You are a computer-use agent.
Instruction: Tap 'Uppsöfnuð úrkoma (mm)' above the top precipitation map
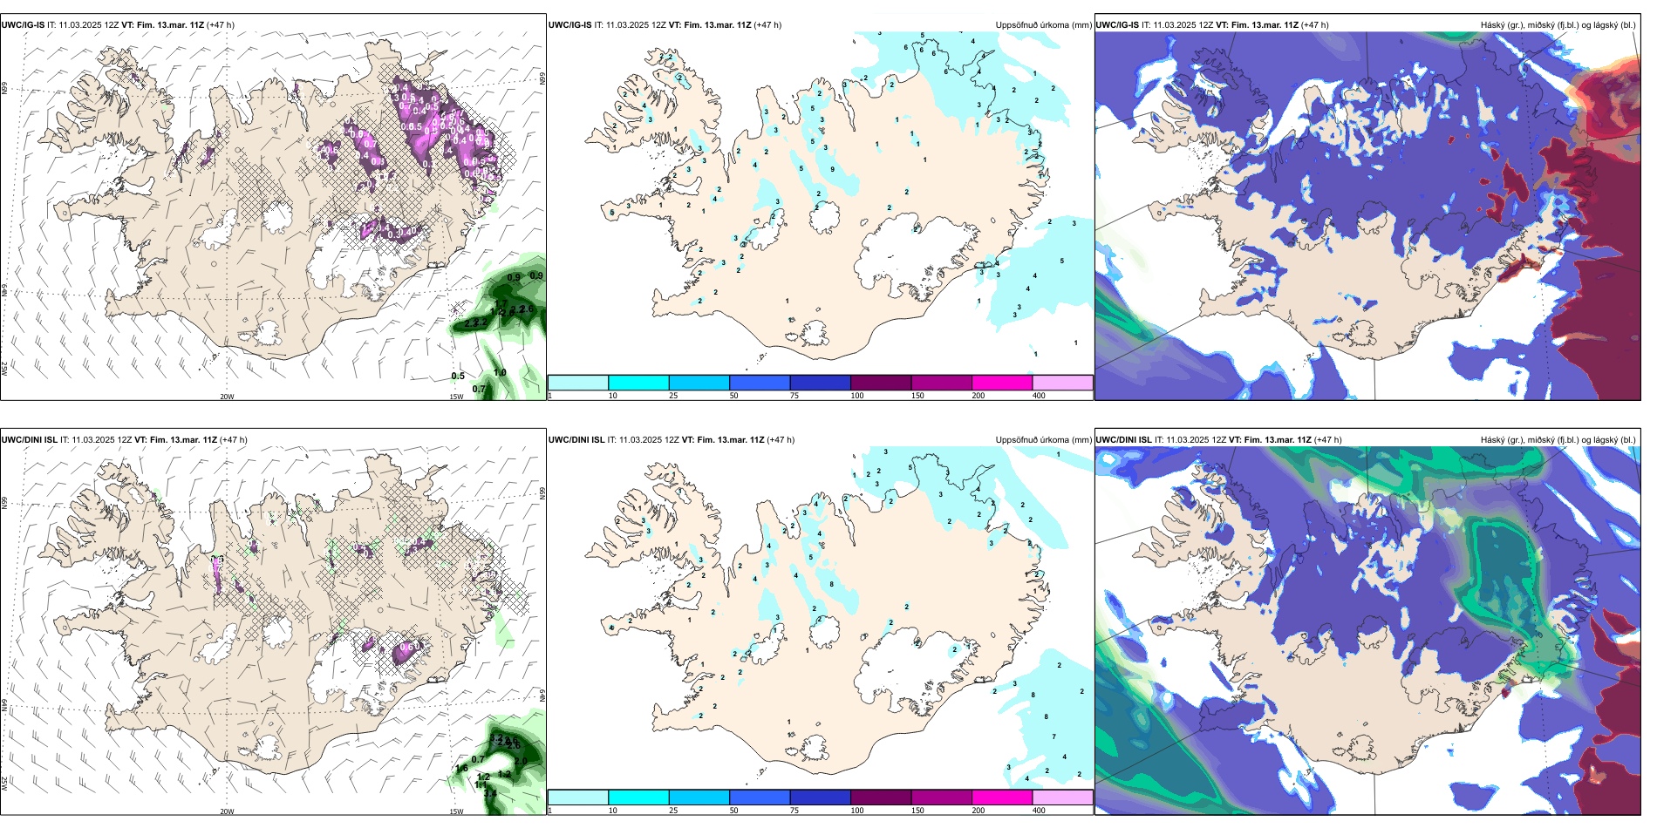pyautogui.click(x=1043, y=25)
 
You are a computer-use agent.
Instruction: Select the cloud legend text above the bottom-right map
pyautogui.click(x=1558, y=440)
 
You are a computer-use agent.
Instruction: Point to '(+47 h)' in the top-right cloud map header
pyautogui.click(x=1314, y=25)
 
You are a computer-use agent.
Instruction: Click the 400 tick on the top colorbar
pyautogui.click(x=1039, y=396)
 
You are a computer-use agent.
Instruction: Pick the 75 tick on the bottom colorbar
pyautogui.click(x=794, y=811)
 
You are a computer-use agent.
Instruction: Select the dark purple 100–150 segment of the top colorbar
pyautogui.click(x=881, y=383)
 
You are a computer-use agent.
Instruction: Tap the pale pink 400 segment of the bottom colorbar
pyautogui.click(x=1062, y=797)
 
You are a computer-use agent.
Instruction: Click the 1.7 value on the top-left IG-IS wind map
pyautogui.click(x=501, y=302)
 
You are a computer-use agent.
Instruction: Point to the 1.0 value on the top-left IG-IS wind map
pyautogui.click(x=500, y=372)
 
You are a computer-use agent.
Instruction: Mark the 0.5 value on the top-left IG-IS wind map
pyautogui.click(x=458, y=377)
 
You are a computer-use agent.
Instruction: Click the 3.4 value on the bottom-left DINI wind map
pyautogui.click(x=490, y=792)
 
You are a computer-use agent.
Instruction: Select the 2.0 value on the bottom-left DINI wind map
pyautogui.click(x=521, y=761)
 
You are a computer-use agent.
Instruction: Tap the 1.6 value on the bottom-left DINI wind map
pyautogui.click(x=461, y=768)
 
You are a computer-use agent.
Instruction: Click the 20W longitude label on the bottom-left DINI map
pyautogui.click(x=227, y=811)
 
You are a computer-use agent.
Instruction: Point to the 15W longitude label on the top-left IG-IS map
pyautogui.click(x=455, y=397)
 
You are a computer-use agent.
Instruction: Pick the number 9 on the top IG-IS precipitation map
pyautogui.click(x=832, y=169)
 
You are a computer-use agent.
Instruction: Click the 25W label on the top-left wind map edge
pyautogui.click(x=4, y=369)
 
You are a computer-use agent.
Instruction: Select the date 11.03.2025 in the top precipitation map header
pyautogui.click(x=628, y=25)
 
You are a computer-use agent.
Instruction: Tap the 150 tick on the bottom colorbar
pyautogui.click(x=917, y=811)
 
